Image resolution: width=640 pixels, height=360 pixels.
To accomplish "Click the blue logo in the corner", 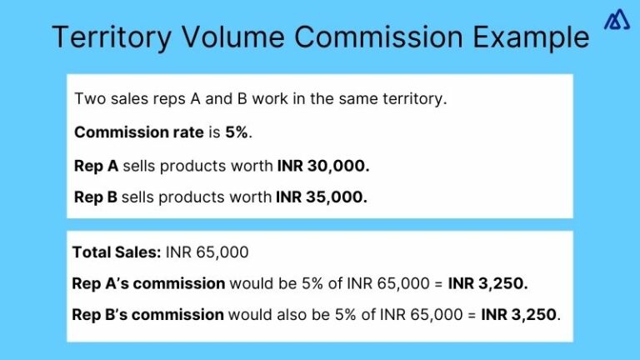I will tap(615, 21).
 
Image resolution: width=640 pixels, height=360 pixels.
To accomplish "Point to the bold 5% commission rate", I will tap(236, 132).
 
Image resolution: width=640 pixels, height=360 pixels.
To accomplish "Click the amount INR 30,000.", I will tap(322, 165).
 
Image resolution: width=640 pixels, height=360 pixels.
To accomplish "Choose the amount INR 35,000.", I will tap(322, 197).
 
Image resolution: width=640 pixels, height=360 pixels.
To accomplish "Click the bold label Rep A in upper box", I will tap(96, 165).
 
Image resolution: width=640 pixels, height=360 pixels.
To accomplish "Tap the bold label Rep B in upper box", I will tap(96, 197).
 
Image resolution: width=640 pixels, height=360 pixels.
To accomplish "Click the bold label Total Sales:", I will tap(116, 252).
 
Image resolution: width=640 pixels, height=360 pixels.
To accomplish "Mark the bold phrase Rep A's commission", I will tap(148, 283).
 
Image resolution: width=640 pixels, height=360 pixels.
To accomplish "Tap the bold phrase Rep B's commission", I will tap(148, 315).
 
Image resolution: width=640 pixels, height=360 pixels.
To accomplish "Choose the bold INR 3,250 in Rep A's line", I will tap(487, 283).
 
